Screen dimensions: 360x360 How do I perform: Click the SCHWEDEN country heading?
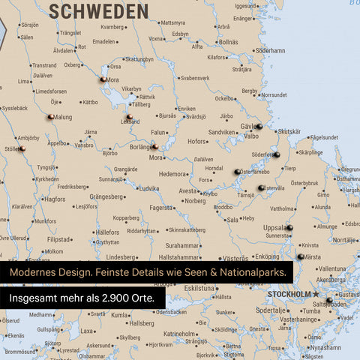click(97, 10)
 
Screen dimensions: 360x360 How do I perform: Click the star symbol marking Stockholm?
click(316, 294)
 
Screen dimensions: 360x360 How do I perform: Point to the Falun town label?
click(157, 132)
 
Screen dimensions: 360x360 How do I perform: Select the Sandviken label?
click(222, 132)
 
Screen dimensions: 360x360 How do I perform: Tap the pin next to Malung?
click(50, 116)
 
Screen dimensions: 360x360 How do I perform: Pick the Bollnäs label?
click(228, 42)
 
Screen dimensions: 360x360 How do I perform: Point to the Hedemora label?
click(172, 174)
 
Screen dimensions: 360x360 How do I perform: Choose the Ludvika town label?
click(148, 189)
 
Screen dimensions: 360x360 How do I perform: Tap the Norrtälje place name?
click(345, 240)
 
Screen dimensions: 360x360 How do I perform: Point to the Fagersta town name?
click(160, 208)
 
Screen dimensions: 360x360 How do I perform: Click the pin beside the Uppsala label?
click(289, 227)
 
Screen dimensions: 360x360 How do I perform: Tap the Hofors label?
click(197, 141)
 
